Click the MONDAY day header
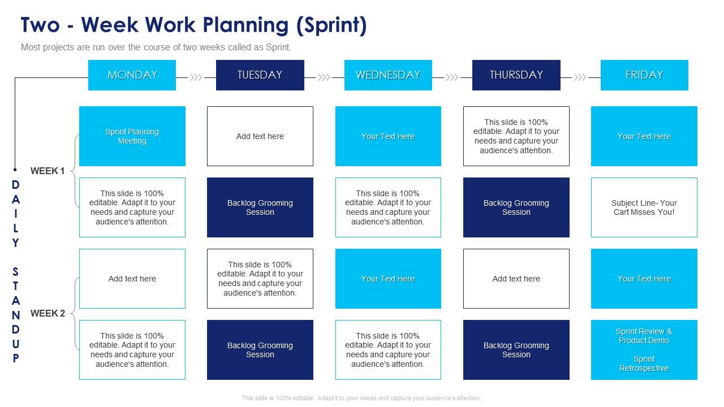pos(132,75)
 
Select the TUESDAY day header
pos(260,75)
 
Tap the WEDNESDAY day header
pos(388,75)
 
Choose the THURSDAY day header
pos(516,75)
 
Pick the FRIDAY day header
pos(644,75)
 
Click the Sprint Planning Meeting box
pos(132,136)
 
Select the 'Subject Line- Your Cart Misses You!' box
pos(644,207)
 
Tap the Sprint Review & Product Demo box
pos(644,350)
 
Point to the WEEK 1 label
pos(48,171)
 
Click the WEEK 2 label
pos(48,313)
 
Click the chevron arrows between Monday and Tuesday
pos(196,77)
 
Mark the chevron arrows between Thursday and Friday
pos(580,77)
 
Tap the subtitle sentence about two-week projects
pos(156,47)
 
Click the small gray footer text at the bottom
pos(361,398)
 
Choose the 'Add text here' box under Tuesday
pos(260,136)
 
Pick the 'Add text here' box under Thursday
pos(516,279)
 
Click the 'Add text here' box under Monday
pos(132,279)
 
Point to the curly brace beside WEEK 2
pos(75,313)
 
